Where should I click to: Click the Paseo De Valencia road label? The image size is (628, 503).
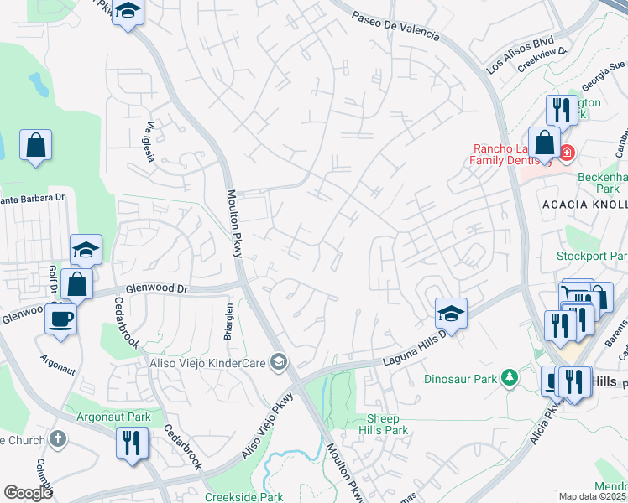click(395, 27)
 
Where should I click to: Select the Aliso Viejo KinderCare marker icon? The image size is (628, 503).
click(280, 363)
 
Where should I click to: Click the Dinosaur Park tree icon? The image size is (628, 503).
click(508, 379)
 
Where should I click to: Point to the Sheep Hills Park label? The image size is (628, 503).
click(387, 424)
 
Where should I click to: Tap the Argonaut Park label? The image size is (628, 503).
click(114, 417)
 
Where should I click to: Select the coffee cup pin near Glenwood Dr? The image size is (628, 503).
click(61, 319)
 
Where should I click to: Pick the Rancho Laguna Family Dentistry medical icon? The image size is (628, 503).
click(566, 153)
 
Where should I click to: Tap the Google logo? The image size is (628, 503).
click(29, 493)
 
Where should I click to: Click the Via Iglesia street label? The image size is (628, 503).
click(149, 142)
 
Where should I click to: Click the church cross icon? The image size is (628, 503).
click(58, 438)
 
